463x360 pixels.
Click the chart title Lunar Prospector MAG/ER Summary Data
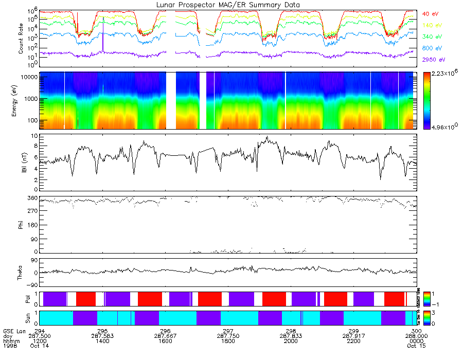point(228,5)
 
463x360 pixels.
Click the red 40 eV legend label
point(431,14)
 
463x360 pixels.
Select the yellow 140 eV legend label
point(432,25)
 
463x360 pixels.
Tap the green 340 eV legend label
point(432,37)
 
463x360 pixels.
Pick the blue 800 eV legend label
point(432,48)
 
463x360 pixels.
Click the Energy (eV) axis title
point(21,100)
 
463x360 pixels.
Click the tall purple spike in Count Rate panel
point(103,33)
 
